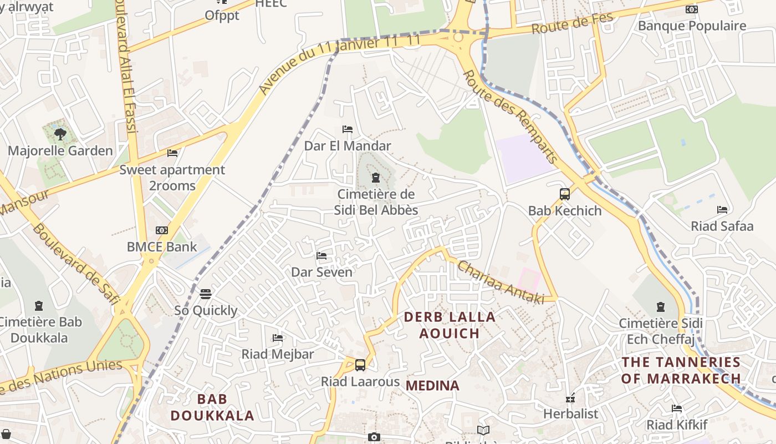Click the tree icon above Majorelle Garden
(x=60, y=134)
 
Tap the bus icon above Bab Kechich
(x=565, y=194)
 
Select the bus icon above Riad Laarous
(x=360, y=365)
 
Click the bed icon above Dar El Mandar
(x=348, y=129)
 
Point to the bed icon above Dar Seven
(x=321, y=256)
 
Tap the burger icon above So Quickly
(x=206, y=294)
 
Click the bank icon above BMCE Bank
(x=162, y=230)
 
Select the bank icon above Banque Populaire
(x=691, y=9)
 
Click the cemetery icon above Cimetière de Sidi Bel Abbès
(x=376, y=178)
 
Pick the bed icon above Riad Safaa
(x=722, y=210)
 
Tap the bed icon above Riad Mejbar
(x=278, y=337)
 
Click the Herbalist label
(x=570, y=413)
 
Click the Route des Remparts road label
(x=509, y=119)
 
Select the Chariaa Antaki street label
(x=500, y=282)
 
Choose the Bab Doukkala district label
(x=212, y=407)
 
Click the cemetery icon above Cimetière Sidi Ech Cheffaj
(x=660, y=306)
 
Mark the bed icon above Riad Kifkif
(x=677, y=408)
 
